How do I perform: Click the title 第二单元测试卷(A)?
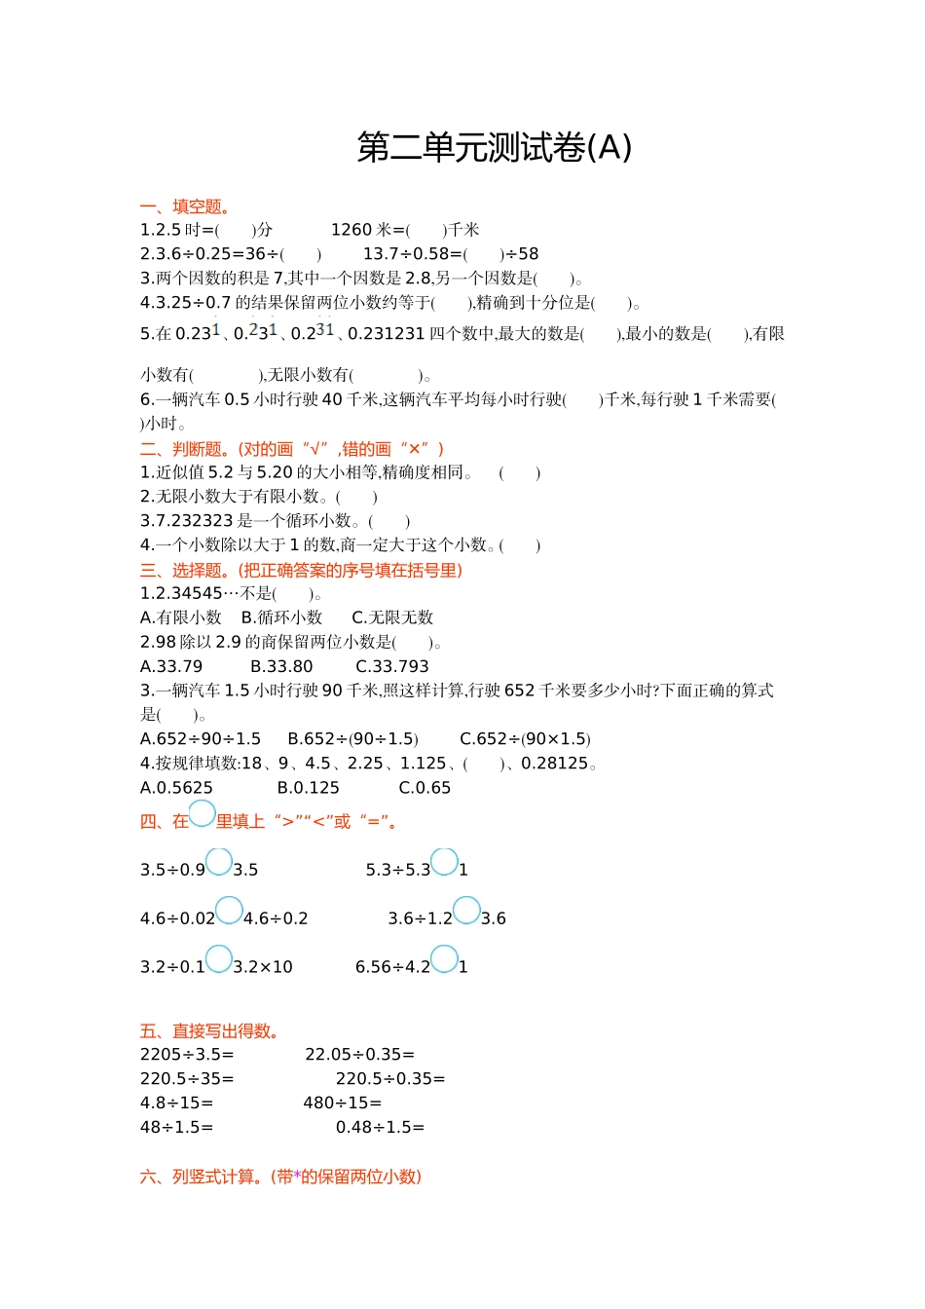[495, 148]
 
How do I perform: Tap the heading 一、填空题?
[185, 206]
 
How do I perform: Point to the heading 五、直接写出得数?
[210, 1031]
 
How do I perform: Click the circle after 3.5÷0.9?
[219, 862]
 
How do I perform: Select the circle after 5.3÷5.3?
[445, 862]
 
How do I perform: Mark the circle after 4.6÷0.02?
[229, 911]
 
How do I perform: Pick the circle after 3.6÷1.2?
[466, 911]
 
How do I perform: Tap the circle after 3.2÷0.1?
[219, 959]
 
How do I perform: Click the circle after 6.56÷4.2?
[444, 959]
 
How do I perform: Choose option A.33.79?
[171, 666]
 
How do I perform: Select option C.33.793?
[392, 666]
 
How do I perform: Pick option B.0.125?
[309, 788]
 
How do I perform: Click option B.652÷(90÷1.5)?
[352, 739]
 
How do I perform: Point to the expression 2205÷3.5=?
[187, 1055]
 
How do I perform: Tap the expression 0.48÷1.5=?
[380, 1128]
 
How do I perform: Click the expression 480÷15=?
[342, 1103]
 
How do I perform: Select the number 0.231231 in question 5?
[387, 334]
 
